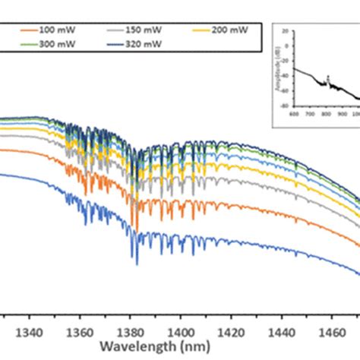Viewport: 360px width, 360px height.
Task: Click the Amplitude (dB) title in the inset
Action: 275,68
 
